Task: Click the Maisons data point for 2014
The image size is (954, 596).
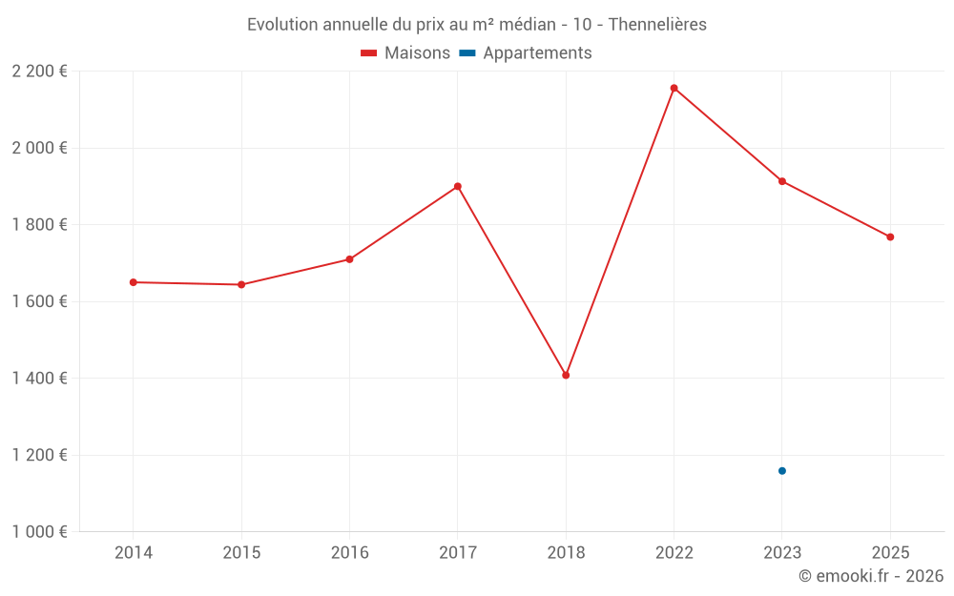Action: point(134,282)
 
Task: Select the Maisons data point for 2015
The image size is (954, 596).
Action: point(241,284)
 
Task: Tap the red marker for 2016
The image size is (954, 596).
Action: point(349,259)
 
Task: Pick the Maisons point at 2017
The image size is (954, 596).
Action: point(458,186)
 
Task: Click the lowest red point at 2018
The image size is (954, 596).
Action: point(566,375)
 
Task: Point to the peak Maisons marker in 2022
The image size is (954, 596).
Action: point(674,88)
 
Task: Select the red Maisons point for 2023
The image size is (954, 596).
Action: point(782,181)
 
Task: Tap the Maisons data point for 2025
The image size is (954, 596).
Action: point(890,236)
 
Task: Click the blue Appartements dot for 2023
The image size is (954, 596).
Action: point(782,471)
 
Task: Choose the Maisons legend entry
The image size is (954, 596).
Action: point(405,53)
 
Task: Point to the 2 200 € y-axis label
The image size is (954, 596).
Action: point(40,72)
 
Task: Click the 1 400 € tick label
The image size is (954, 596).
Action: point(40,379)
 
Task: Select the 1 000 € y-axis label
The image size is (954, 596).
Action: point(40,532)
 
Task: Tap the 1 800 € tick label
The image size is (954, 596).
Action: point(40,225)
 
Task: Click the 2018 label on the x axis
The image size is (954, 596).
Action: point(566,552)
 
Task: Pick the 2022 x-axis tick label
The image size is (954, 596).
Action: point(674,552)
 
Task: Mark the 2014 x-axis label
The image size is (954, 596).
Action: point(134,552)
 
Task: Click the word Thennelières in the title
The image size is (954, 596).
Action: point(658,25)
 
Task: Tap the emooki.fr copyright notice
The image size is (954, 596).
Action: point(871,576)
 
